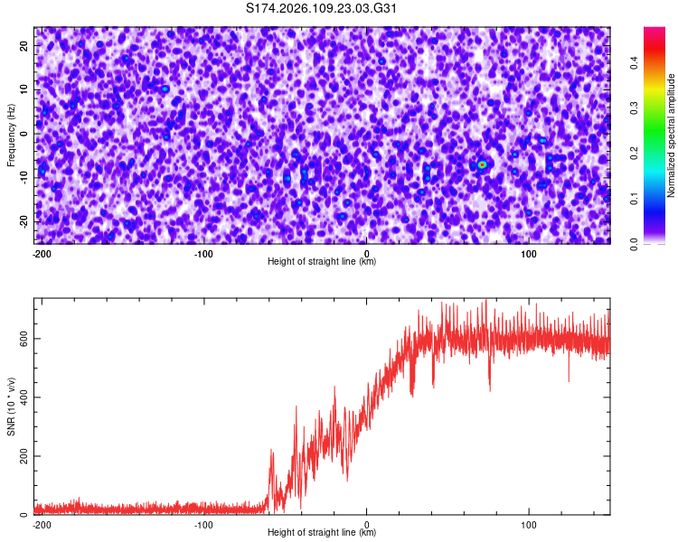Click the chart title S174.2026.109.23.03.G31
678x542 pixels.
pyautogui.click(x=322, y=9)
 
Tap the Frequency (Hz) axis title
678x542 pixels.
pyautogui.click(x=10, y=135)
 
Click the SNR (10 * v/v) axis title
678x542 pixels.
pyautogui.click(x=10, y=406)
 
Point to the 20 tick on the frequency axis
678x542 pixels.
pyautogui.click(x=25, y=45)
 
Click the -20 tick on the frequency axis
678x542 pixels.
pyautogui.click(x=24, y=221)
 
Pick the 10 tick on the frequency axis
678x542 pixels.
pyautogui.click(x=25, y=89)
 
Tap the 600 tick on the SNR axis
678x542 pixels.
pyautogui.click(x=22, y=339)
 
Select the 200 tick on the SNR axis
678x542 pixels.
pyautogui.click(x=22, y=456)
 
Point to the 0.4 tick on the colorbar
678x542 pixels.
pyautogui.click(x=635, y=61)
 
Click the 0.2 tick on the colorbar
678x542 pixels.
pyautogui.click(x=635, y=153)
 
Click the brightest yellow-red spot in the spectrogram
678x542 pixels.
pyautogui.click(x=483, y=164)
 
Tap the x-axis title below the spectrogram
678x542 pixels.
pyautogui.click(x=322, y=262)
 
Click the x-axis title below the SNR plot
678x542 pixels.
pyautogui.click(x=322, y=533)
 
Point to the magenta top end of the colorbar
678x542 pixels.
pyautogui.click(x=655, y=31)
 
